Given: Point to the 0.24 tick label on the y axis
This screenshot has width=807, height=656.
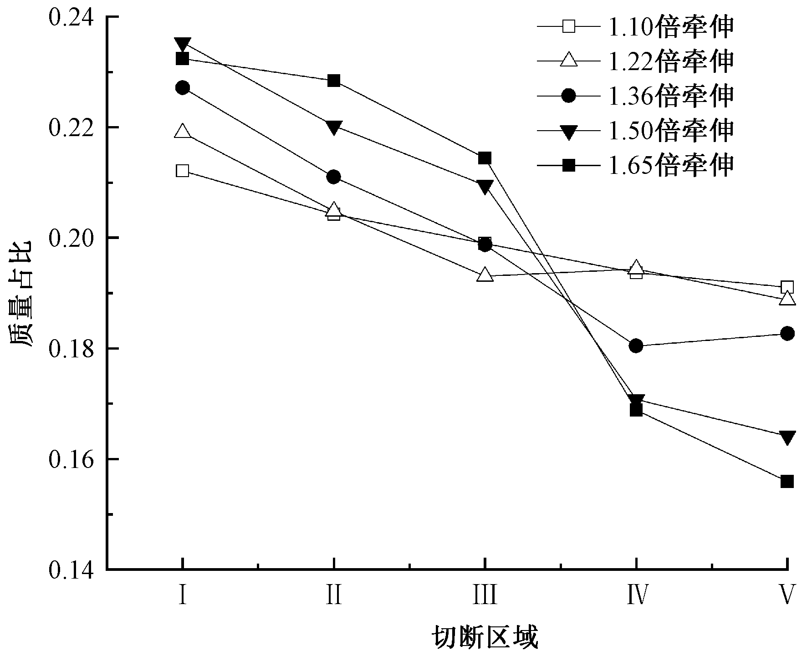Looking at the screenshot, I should [71, 17].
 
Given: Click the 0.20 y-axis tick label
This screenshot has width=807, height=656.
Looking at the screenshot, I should [71, 238].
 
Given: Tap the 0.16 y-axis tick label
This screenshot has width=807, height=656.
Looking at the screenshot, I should [71, 459].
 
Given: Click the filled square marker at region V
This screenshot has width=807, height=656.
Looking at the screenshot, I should [787, 481].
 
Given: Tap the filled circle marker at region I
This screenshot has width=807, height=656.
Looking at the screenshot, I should [183, 88].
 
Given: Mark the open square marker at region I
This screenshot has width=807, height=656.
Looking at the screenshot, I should [183, 171].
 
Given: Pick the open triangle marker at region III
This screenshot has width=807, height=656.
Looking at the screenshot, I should [485, 275].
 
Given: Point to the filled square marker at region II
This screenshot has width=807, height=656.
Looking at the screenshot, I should [334, 81].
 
